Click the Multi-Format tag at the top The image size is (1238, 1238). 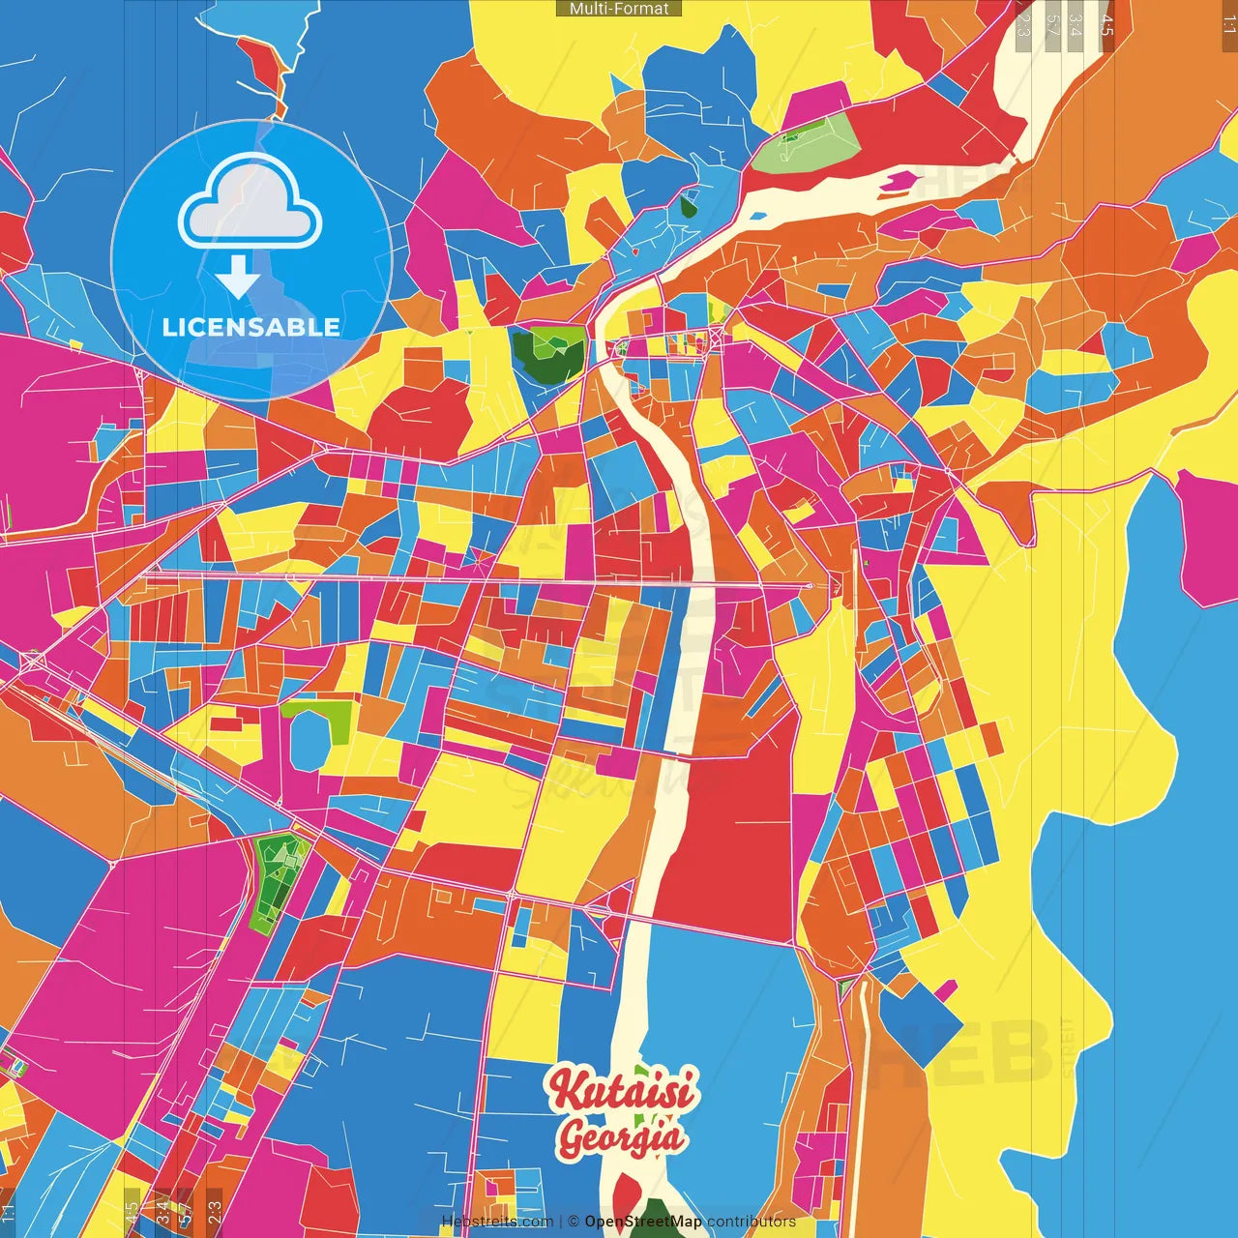[619, 9]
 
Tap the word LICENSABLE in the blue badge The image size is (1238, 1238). [251, 327]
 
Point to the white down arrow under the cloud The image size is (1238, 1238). [238, 277]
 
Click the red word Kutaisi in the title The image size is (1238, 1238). [622, 1091]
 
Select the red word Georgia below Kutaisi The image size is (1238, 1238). [620, 1137]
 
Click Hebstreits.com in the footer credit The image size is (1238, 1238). [497, 1222]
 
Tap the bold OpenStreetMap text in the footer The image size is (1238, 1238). [643, 1222]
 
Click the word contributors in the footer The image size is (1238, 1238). [752, 1222]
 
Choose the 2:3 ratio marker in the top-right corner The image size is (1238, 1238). [1023, 25]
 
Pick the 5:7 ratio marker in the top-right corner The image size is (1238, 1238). [1053, 25]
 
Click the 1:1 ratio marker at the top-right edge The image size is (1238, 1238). [1228, 25]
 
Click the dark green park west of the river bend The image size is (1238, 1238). [546, 355]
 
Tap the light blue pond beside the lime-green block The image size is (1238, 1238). [310, 740]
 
